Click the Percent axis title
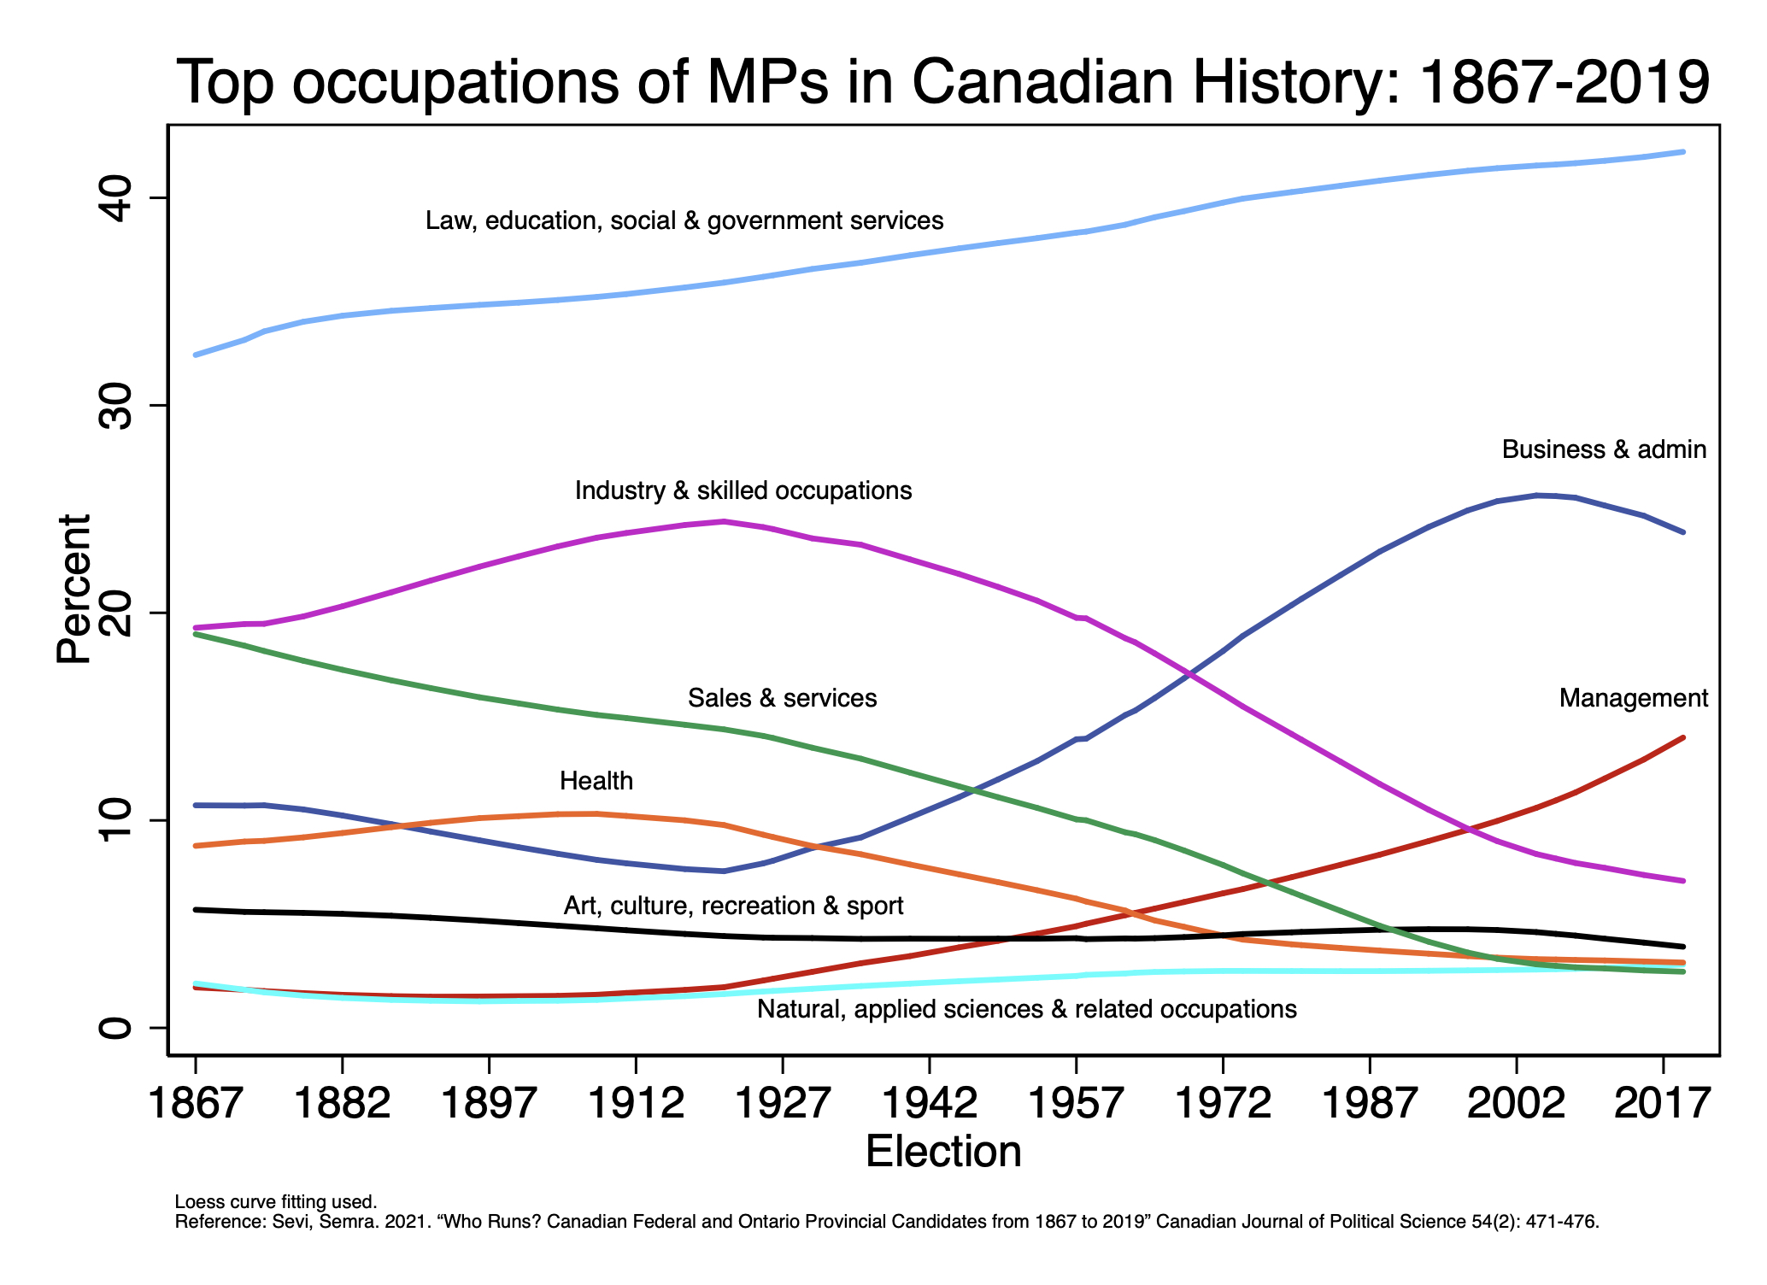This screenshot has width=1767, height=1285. coord(74,590)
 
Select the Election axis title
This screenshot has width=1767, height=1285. coord(943,1152)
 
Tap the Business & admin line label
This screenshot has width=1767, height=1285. coord(1604,449)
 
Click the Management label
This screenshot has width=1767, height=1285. coord(1634,698)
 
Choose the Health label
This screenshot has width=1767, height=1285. coord(596,781)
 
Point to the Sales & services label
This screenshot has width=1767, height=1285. coord(783,698)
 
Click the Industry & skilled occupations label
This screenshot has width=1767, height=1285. coord(743,490)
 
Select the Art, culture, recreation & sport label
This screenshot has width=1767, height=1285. coord(733,906)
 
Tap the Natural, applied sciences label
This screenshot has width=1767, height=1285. coord(1027,1009)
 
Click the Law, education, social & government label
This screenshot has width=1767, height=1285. coord(684,220)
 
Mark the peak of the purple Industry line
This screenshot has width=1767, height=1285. coord(724,521)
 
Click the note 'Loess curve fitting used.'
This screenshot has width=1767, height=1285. coord(275,1202)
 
